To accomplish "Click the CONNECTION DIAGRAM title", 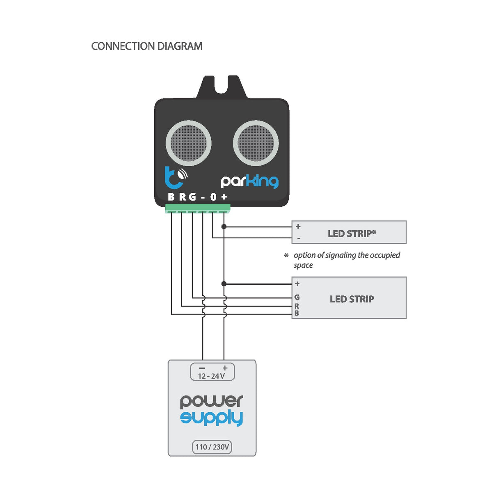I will tap(146, 46).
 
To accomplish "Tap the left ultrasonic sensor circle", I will tap(188, 143).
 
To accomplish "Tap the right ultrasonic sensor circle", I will tap(256, 143).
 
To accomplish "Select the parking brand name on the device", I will tap(249, 181).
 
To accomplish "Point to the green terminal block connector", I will tap(197, 209).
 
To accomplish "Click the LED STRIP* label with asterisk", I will tap(352, 234).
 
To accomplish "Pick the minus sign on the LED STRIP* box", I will tap(298, 238).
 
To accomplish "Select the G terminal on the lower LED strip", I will tap(297, 297).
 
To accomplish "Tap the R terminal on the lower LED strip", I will tap(297, 306).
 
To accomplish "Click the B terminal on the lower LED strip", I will tap(297, 313).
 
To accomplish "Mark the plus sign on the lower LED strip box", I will tap(297, 284).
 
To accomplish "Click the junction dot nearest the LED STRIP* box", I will tap(224, 226).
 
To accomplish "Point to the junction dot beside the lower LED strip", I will tap(224, 284).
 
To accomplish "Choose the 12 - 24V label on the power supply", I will tap(211, 376).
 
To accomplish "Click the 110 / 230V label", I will tap(212, 447).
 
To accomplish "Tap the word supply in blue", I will tap(211, 418).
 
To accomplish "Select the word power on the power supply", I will tap(211, 401).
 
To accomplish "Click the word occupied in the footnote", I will tap(385, 255).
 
